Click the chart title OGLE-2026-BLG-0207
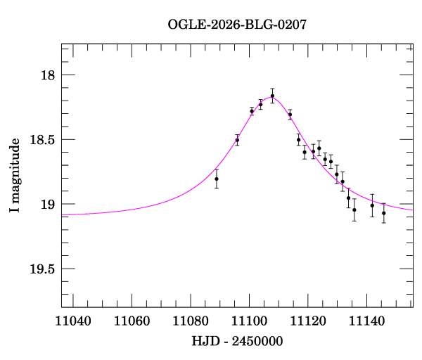coord(237,24)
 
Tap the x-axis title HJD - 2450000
coord(237,341)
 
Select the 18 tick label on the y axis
coord(48,75)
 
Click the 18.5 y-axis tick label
coord(42,140)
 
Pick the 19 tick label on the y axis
coord(48,205)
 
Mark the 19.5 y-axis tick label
coord(42,269)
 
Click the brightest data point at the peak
coord(272,96)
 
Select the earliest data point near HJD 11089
coord(217,179)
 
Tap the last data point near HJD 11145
coord(383,213)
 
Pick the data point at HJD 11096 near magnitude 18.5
coord(237,140)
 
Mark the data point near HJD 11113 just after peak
coord(290,115)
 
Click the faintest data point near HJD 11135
coord(354,210)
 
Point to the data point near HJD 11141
coord(372,205)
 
